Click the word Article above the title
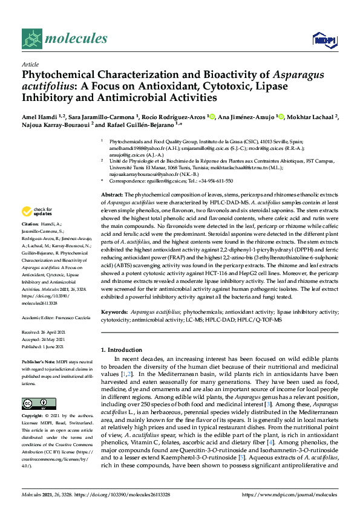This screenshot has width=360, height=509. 30,63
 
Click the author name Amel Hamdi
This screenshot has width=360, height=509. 38,117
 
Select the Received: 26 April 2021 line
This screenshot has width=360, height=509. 44,332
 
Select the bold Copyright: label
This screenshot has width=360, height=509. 34,417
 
